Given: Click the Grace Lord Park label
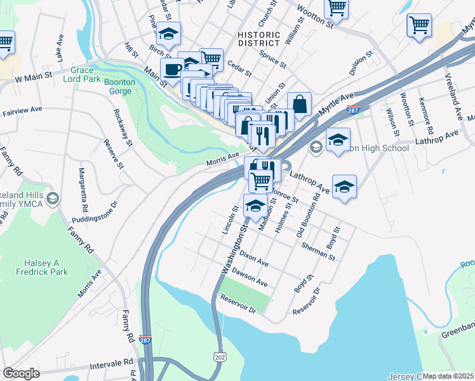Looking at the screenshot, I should tap(82, 74).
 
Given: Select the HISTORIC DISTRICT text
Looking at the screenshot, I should tap(258, 39).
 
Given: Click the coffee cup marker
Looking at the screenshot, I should tap(171, 69).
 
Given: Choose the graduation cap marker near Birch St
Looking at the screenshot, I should tap(169, 33).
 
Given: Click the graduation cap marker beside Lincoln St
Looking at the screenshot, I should tap(255, 206).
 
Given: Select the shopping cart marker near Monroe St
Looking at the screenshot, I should tap(260, 180).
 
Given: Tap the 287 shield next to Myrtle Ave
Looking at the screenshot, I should tap(354, 110).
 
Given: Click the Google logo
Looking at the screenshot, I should tap(21, 373).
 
